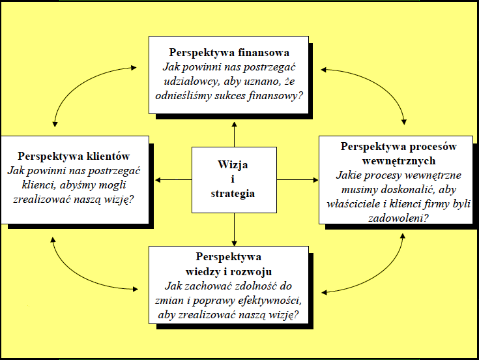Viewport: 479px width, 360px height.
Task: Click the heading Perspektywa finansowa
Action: tap(229, 52)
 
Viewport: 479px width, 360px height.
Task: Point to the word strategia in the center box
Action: tap(233, 194)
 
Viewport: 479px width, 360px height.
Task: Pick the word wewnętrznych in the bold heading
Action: tap(397, 160)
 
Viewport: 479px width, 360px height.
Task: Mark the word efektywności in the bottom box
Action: tap(267, 301)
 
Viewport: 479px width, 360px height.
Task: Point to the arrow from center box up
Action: tap(233, 134)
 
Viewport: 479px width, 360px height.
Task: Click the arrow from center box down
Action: tap(233, 228)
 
